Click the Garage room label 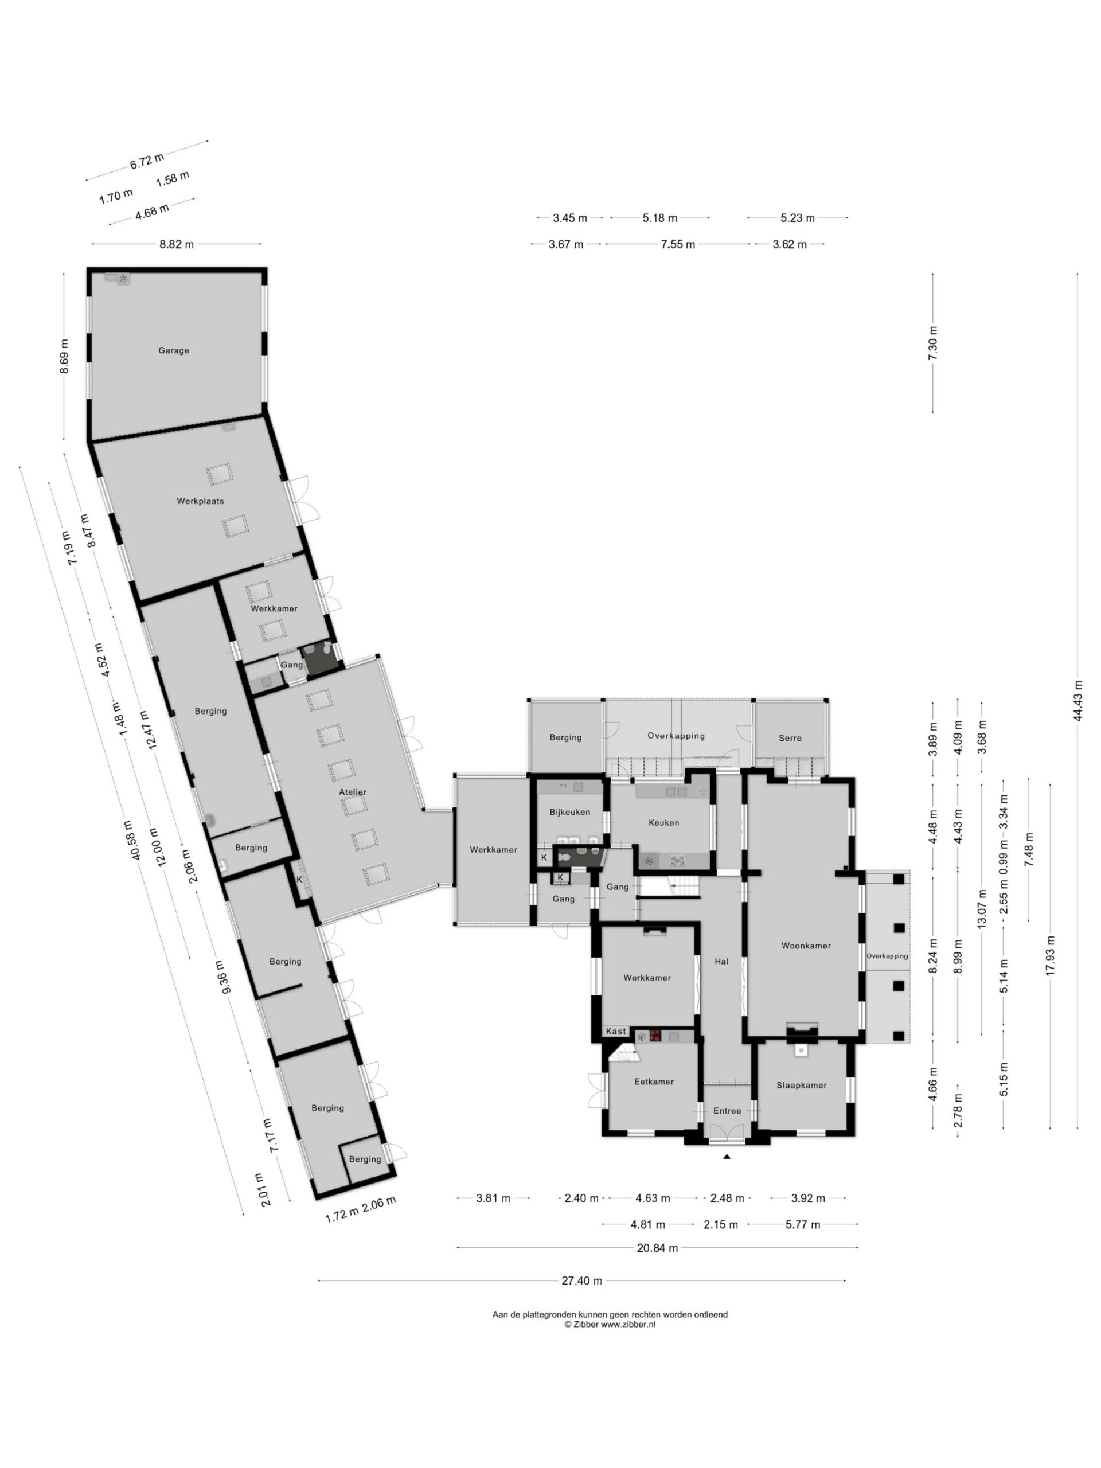(173, 350)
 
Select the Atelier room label (353, 792)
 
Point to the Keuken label (663, 822)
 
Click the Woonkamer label (806, 946)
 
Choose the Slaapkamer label (802, 1085)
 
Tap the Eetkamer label (654, 1081)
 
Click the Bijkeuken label (569, 811)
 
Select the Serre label (790, 738)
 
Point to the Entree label (727, 1110)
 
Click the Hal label (721, 961)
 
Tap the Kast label (616, 1030)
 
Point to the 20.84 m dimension (657, 1248)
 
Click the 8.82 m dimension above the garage (177, 244)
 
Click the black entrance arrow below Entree (727, 1157)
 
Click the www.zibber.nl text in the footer (628, 1324)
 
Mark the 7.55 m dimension (678, 244)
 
